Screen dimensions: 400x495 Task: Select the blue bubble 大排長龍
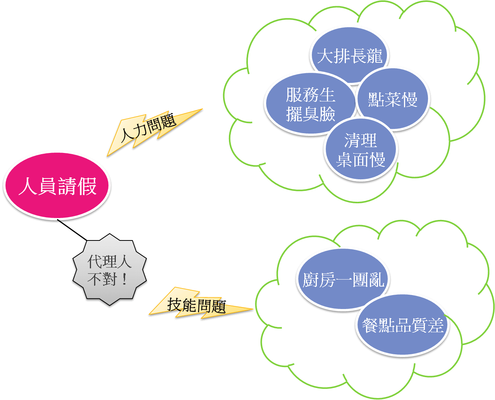coord(349,55)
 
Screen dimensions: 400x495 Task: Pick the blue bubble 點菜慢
coord(392,99)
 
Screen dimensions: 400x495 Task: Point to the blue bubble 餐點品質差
coord(402,324)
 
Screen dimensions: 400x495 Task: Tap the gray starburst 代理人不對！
coord(109,270)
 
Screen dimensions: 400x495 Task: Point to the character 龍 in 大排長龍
coord(374,55)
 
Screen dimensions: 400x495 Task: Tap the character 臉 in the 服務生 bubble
coord(327,114)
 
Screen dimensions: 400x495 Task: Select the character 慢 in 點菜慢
coord(410,100)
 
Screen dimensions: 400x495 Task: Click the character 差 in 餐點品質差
coord(435,325)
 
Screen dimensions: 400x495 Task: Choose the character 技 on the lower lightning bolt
coord(175,304)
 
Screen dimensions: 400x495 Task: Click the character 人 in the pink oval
coord(27,186)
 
